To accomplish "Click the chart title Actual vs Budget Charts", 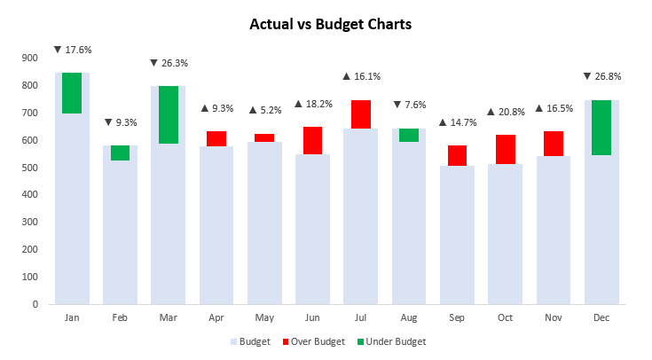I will [331, 25].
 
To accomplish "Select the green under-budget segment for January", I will [72, 93].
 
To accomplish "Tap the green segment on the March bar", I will [168, 115].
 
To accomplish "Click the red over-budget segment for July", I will [360, 114].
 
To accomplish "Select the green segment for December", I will [601, 128].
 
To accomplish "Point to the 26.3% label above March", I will [169, 63].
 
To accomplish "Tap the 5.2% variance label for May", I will [264, 110].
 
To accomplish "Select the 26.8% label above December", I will [602, 76].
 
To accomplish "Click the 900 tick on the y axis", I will [30, 59].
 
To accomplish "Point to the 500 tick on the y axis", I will [30, 168].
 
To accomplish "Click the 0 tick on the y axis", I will [35, 304].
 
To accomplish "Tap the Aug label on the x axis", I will [409, 317].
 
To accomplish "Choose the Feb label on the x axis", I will [120, 317].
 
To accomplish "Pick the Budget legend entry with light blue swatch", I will [250, 341].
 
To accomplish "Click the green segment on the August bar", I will [409, 135].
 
